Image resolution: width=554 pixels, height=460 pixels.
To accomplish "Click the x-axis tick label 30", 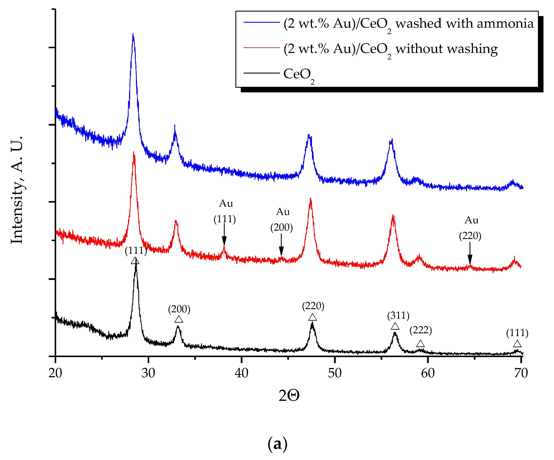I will pyautogui.click(x=148, y=373).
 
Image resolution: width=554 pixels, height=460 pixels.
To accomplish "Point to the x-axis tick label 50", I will pyautogui.click(x=334, y=373).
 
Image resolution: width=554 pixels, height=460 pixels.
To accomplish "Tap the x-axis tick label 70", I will pyautogui.click(x=521, y=373).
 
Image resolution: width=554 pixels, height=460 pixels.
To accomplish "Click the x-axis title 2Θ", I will pyautogui.click(x=289, y=396).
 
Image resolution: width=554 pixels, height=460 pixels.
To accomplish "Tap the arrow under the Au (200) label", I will pyautogui.click(x=281, y=245).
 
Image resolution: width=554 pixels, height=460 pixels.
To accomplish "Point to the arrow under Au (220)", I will pyautogui.click(x=470, y=253).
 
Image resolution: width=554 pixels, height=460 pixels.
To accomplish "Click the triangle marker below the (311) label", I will pyautogui.click(x=395, y=326).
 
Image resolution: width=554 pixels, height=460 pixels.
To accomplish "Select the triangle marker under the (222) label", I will pyautogui.click(x=420, y=344).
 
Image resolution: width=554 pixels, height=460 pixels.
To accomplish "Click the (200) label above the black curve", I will pyautogui.click(x=179, y=309).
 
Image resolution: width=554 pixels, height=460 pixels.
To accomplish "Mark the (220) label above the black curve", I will pyautogui.click(x=313, y=306).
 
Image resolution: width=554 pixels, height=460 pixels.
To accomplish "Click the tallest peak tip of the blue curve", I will pyautogui.click(x=133, y=34).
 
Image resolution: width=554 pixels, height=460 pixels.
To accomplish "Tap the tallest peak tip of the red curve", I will pyautogui.click(x=134, y=152).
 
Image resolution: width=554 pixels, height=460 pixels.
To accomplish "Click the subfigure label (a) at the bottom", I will pyautogui.click(x=277, y=444).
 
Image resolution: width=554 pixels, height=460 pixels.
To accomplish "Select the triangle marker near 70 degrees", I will pyautogui.click(x=517, y=344).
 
